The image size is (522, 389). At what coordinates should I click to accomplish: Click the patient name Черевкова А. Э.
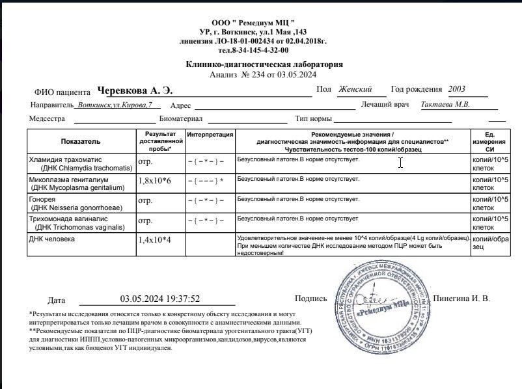point(134,90)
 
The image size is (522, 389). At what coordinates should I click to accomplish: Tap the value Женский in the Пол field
point(355,89)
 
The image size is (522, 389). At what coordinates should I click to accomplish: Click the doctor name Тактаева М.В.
point(445,104)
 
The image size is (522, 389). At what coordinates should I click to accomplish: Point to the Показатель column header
point(81,141)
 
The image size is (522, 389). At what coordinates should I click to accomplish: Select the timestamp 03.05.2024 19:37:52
point(159,299)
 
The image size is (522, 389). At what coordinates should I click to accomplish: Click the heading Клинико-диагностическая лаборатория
point(264,64)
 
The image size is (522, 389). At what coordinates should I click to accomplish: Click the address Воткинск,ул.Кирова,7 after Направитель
point(115,105)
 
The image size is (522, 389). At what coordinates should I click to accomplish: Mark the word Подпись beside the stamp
point(310,299)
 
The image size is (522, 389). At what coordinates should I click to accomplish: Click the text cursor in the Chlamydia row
point(400,163)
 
